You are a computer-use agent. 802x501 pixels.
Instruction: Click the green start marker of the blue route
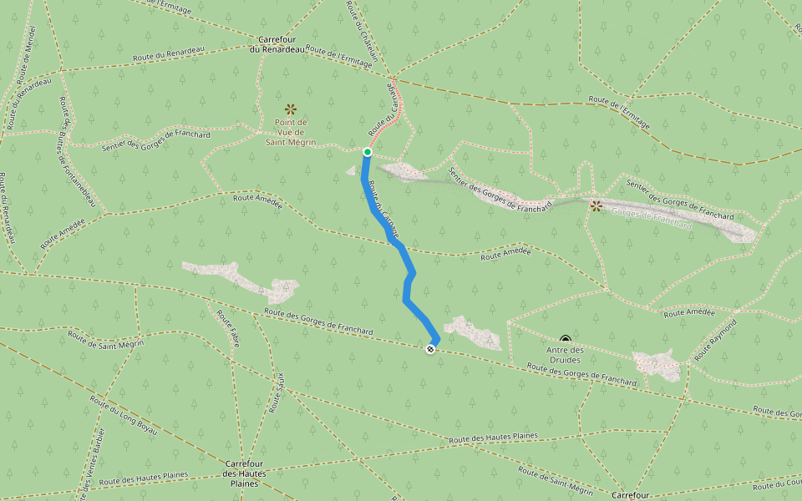pos(367,152)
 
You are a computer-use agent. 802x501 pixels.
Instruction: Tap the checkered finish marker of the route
pos(430,349)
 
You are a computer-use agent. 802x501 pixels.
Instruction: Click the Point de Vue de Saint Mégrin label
pos(291,132)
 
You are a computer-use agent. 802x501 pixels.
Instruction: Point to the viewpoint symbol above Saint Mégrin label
pos(291,109)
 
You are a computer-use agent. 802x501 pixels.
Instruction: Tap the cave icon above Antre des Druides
pos(566,339)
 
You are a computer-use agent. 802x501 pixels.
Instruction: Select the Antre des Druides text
pos(566,355)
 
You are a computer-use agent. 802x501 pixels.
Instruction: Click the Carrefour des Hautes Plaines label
pos(245,473)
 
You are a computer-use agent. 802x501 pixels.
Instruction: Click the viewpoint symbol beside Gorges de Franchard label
pos(596,205)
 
